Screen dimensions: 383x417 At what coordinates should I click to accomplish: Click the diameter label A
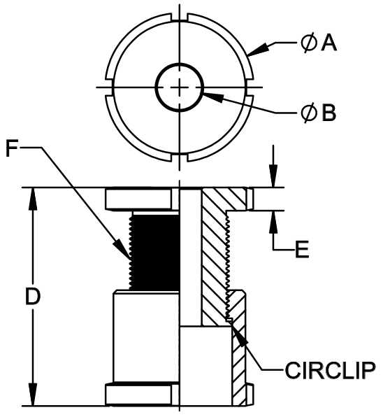pos(319,43)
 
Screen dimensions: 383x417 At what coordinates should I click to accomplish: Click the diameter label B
pos(319,113)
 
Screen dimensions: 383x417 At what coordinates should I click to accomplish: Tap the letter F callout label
pos(12,148)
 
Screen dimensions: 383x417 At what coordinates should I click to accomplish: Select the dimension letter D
pos(33,296)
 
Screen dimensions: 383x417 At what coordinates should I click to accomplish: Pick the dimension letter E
pos(302,250)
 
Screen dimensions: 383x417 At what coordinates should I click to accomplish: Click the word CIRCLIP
pos(330,370)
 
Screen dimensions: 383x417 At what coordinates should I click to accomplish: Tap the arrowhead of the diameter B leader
pos(212,97)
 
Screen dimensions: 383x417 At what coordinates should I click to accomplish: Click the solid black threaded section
pos(154,252)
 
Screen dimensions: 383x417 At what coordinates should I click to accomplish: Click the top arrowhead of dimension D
pos(33,199)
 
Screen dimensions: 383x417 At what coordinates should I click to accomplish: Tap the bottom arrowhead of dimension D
pos(33,395)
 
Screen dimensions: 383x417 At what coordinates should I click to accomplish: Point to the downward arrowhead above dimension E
pos(273,176)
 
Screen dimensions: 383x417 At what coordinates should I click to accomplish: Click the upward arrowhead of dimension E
pos(273,222)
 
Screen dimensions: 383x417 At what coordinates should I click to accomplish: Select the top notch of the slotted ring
pos(180,17)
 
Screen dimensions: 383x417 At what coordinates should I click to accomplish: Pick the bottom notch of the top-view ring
pos(180,157)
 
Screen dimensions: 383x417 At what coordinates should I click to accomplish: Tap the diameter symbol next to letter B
pos(309,113)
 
